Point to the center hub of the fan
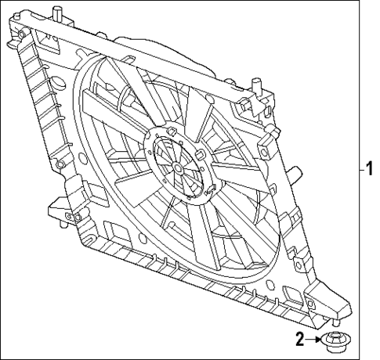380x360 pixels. (x=179, y=167)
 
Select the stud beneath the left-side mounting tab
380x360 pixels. (x=61, y=227)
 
